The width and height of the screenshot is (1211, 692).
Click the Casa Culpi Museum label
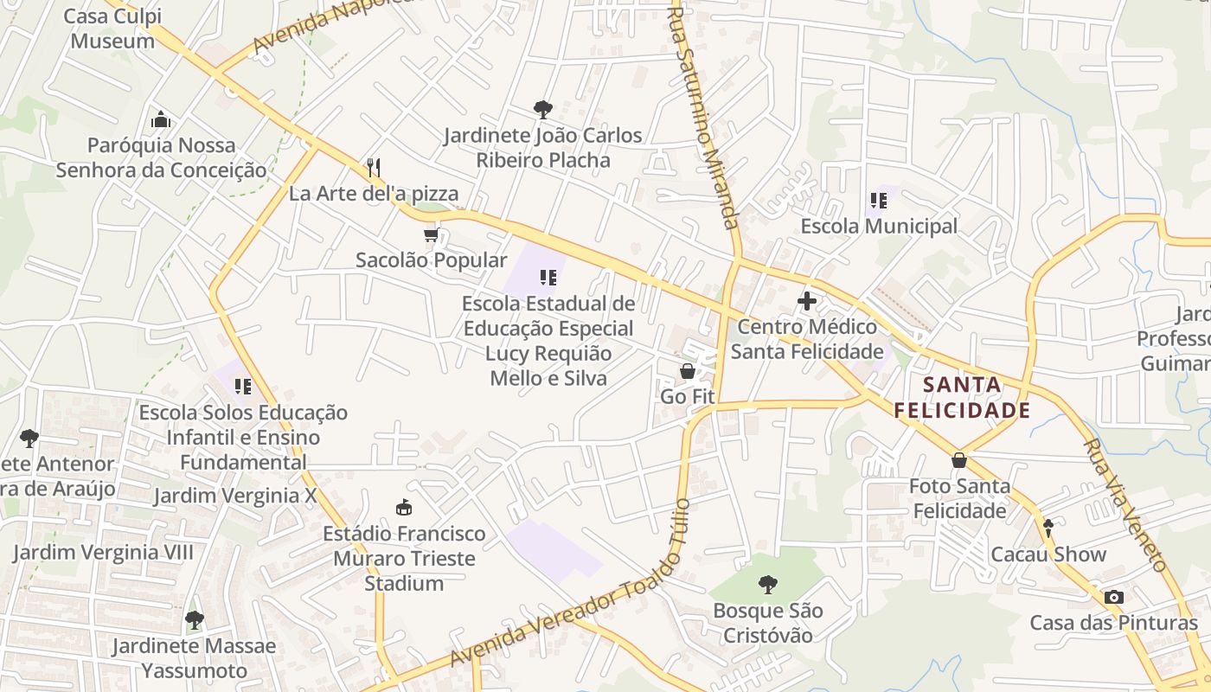click(x=112, y=28)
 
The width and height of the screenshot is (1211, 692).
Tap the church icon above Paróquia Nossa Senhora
click(x=160, y=119)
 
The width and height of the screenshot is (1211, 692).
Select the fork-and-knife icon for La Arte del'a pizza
click(x=374, y=166)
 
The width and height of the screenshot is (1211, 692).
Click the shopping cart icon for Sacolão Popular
click(x=431, y=234)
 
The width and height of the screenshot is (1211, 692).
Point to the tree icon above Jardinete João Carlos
click(x=542, y=109)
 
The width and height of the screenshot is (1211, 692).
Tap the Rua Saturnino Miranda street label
click(x=707, y=117)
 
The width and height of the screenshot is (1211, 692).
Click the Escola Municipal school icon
click(x=879, y=201)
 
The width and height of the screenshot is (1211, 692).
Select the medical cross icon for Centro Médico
click(x=807, y=301)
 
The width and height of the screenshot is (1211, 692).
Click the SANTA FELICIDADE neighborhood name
click(x=962, y=397)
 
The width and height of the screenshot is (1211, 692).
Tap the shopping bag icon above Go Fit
click(x=688, y=371)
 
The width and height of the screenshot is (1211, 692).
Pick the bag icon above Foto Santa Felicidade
click(x=958, y=460)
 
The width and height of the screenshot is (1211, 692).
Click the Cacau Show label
click(x=1048, y=554)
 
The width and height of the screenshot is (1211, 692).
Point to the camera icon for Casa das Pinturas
click(x=1114, y=597)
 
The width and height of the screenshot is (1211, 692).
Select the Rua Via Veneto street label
click(x=1125, y=505)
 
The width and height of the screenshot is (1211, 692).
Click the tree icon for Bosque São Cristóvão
click(x=766, y=585)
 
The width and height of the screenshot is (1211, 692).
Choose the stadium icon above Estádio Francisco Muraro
click(x=404, y=507)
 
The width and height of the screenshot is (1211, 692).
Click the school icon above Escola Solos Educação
click(x=243, y=386)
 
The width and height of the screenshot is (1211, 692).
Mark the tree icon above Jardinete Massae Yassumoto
click(x=194, y=619)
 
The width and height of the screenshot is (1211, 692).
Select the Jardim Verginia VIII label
click(x=103, y=553)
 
